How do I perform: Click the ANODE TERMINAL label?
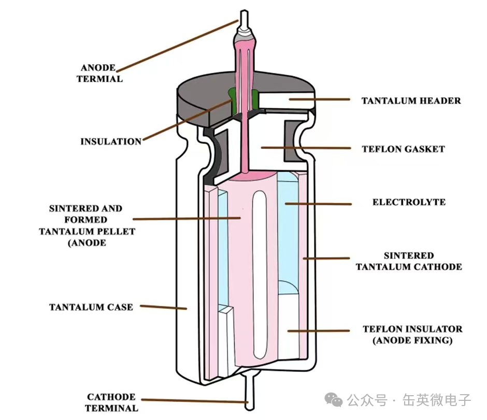(x=99, y=73)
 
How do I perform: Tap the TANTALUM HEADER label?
(x=411, y=101)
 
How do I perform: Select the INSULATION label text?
(x=111, y=141)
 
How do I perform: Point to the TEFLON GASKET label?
(x=403, y=149)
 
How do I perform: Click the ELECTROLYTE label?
(x=409, y=202)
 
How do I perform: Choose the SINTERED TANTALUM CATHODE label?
(x=409, y=261)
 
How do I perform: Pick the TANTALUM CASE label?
(x=91, y=307)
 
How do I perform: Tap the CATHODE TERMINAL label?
(x=111, y=402)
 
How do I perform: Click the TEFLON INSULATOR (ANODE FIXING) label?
(x=412, y=335)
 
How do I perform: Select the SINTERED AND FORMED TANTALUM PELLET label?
(x=87, y=226)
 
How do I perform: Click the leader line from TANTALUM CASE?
(x=163, y=307)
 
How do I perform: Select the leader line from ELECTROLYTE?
(x=318, y=204)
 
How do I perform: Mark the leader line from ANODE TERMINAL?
(x=178, y=46)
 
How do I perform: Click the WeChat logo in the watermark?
(x=334, y=399)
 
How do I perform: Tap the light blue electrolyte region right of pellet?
(x=288, y=236)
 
